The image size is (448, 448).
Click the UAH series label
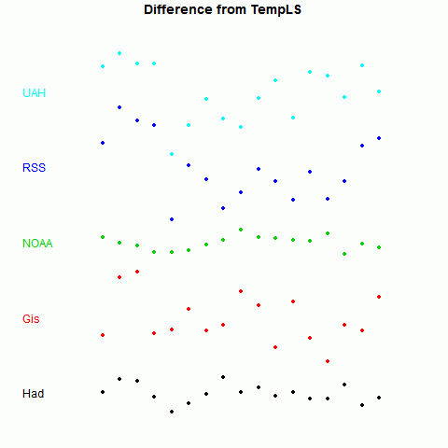(35, 93)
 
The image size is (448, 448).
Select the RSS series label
(35, 168)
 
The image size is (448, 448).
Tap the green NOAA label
(37, 244)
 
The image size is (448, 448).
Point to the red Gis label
(31, 319)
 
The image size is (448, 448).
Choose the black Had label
(34, 394)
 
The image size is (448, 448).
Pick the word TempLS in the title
(276, 9)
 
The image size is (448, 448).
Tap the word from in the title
(232, 9)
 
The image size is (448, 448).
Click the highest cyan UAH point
(119, 53)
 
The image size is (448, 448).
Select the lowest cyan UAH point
(172, 154)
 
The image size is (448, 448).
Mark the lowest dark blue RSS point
(172, 219)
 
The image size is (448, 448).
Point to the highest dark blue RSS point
(119, 107)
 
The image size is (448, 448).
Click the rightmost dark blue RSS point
(379, 138)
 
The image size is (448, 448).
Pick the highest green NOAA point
(241, 230)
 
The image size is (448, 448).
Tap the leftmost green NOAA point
(103, 237)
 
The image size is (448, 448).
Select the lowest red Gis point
(328, 361)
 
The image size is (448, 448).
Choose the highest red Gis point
(137, 272)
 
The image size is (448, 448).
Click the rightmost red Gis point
(379, 297)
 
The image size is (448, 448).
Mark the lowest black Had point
(172, 412)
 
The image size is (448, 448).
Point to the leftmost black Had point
(103, 392)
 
